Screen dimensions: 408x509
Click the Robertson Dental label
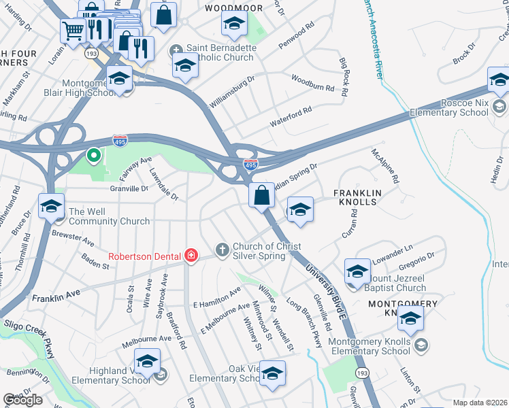pos(144,256)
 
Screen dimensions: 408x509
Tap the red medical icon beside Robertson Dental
pos(191,256)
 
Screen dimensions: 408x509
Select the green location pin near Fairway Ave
pos(93,156)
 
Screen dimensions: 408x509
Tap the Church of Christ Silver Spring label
pos(267,251)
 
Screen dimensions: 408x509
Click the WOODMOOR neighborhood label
pos(234,7)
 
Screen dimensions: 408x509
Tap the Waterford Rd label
pos(290,115)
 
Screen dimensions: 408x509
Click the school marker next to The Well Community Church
pos(51,206)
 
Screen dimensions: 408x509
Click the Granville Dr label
pos(129,188)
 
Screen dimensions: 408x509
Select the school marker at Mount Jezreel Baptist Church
pos(357,272)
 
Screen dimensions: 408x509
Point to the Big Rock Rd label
pos(344,75)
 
